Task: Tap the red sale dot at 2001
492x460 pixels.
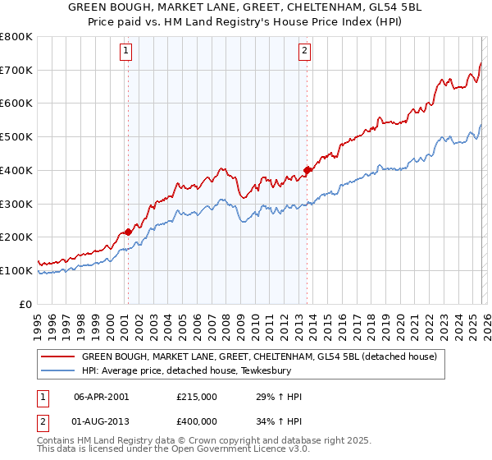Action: tap(128, 232)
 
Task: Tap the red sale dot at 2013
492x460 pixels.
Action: tap(307, 171)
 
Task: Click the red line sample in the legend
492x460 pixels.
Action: tap(58, 356)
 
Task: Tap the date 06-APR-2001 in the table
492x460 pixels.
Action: tap(102, 396)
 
